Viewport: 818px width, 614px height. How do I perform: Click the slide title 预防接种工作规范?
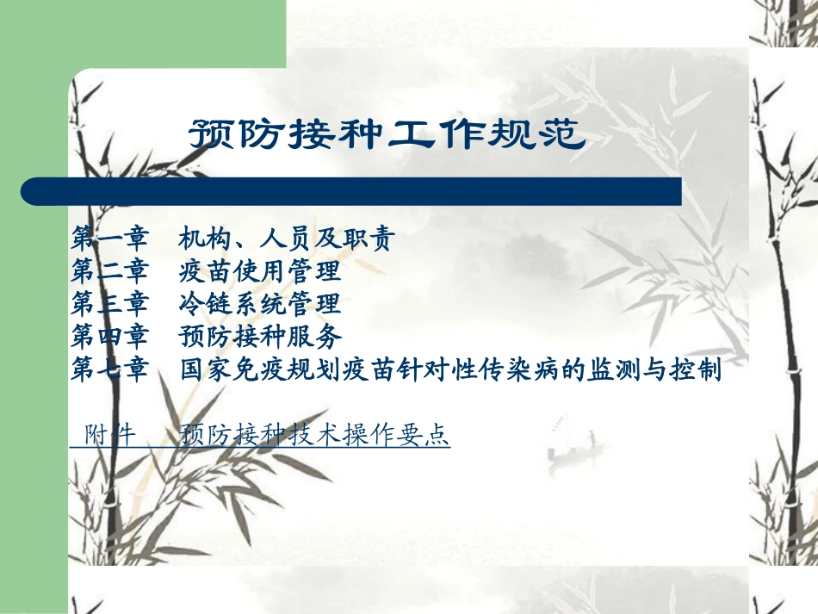point(386,134)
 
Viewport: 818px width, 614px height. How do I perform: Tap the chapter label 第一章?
point(109,240)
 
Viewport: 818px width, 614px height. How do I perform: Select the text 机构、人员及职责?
point(287,240)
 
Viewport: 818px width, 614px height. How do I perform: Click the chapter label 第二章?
point(109,272)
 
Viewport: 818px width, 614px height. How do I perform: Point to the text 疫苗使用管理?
point(260,272)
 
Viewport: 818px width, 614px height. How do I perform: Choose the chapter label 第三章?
point(109,303)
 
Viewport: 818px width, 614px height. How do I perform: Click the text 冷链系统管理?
point(260,303)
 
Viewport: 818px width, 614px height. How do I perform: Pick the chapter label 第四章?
point(109,335)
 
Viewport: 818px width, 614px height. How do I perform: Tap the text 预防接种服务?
point(260,335)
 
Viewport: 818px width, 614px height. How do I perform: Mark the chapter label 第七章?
point(109,370)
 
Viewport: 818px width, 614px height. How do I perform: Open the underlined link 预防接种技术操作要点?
point(315,435)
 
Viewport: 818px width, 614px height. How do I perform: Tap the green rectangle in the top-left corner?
point(142,33)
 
